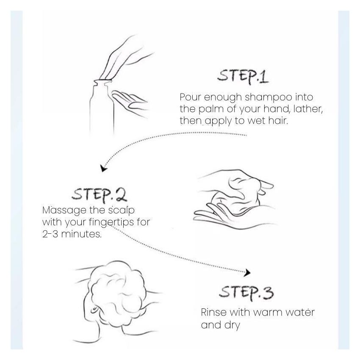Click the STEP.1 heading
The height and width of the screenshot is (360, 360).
[x=243, y=76]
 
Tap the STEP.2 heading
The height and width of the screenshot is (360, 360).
[x=99, y=195]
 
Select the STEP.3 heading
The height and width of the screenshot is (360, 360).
[x=246, y=293]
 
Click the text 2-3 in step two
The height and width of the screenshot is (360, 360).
[x=50, y=234]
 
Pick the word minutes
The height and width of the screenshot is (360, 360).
[x=81, y=234]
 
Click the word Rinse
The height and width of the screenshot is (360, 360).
[x=214, y=312]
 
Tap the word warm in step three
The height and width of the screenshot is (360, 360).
[x=268, y=313]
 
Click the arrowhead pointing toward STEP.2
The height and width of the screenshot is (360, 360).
[x=103, y=168]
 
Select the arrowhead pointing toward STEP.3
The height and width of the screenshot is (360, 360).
[x=247, y=272]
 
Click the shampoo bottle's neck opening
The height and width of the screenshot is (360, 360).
[x=102, y=81]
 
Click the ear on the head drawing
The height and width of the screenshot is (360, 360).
[x=94, y=310]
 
